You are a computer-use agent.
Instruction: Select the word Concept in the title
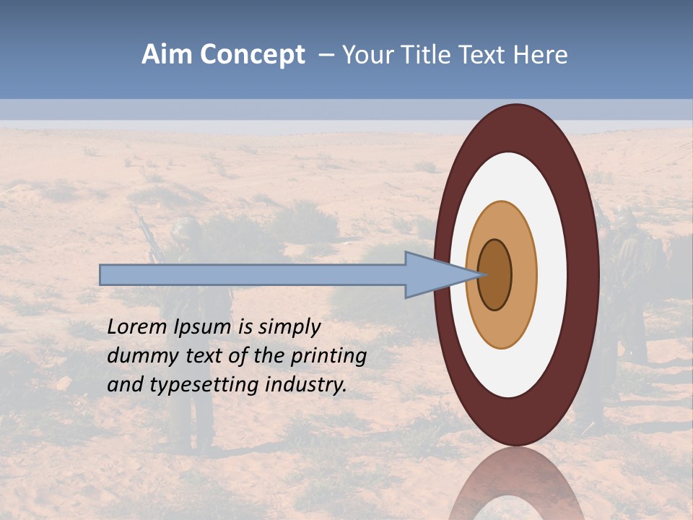pyautogui.click(x=252, y=55)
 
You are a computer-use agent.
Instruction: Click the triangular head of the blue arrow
pyautogui.click(x=433, y=274)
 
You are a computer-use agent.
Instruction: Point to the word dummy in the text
pyautogui.click(x=138, y=356)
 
